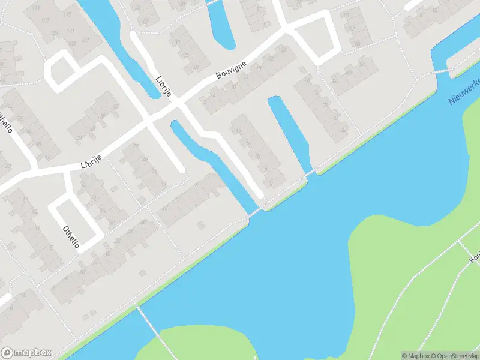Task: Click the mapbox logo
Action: pos(26,352)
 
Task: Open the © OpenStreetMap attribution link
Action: pos(455,355)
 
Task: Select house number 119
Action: pos(66,13)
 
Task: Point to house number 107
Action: pos(45,20)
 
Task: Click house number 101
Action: pos(70,31)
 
